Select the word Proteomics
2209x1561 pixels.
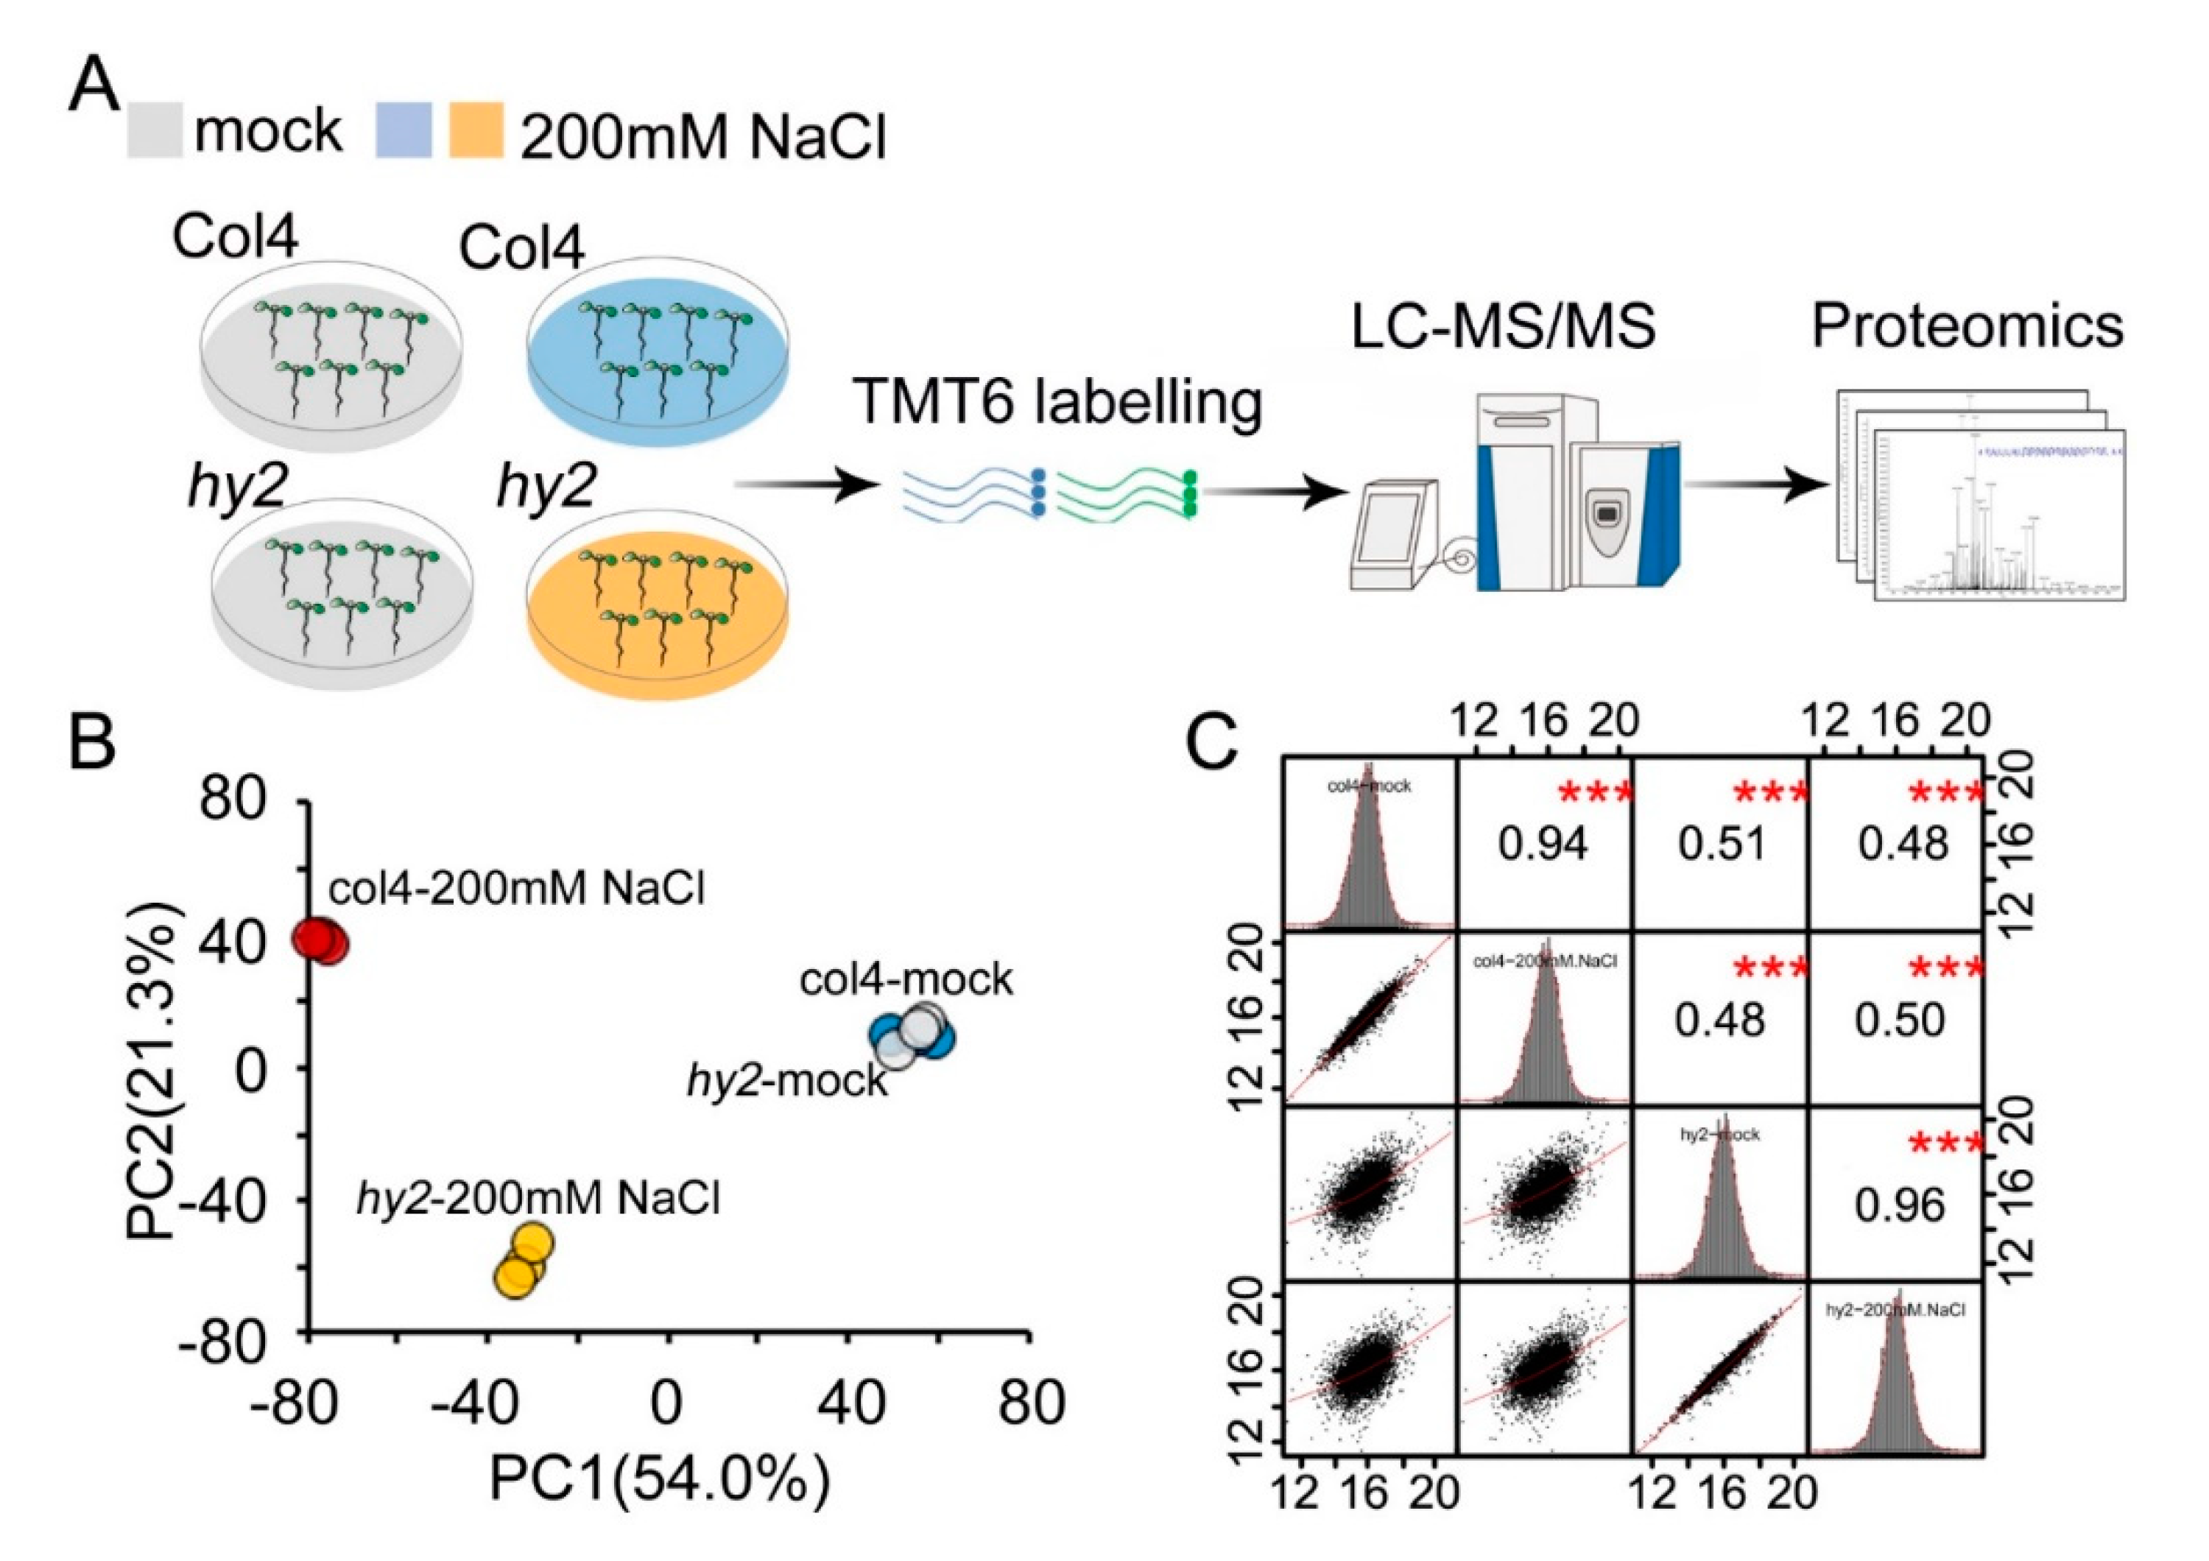click(x=1968, y=326)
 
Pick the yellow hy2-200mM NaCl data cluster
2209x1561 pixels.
click(x=524, y=1261)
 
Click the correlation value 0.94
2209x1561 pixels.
click(x=1543, y=844)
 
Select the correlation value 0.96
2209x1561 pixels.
click(x=1901, y=1205)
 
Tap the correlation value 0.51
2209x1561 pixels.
click(x=1722, y=844)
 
